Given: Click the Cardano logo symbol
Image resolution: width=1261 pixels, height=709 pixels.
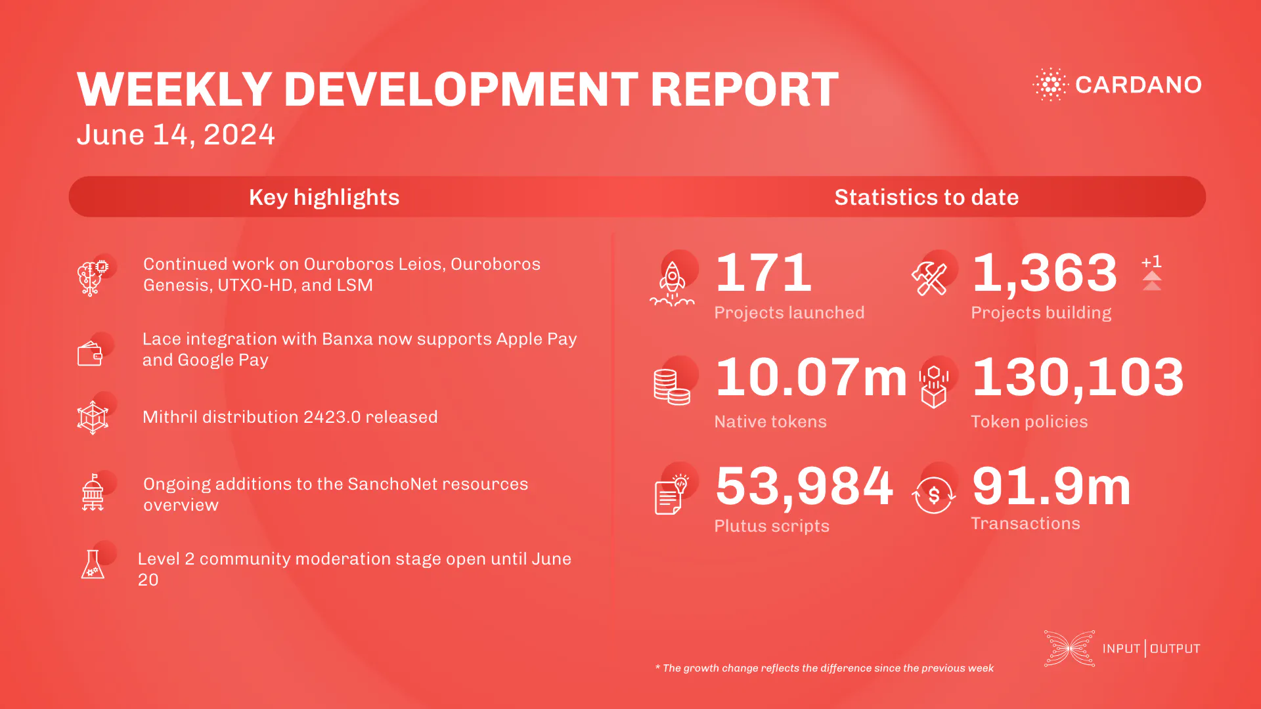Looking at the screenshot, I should (1050, 84).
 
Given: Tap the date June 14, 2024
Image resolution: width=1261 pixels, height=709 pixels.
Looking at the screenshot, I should (175, 135).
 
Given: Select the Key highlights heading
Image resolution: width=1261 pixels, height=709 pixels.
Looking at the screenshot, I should (324, 197).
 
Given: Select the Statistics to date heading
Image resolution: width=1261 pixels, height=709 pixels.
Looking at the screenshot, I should (926, 197).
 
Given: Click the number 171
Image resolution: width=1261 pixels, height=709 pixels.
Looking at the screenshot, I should (763, 272).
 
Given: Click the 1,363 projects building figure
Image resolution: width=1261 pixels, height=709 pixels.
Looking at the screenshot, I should (1044, 272).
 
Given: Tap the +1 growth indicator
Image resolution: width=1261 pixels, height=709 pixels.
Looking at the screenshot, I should (1151, 262).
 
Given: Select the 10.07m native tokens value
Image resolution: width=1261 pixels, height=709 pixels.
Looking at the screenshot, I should (810, 377).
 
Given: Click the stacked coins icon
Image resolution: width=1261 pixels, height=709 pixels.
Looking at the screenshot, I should (671, 387).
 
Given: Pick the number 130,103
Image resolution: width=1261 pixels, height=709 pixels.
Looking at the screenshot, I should (1078, 377).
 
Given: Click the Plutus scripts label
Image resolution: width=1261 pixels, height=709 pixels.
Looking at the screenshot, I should (771, 526).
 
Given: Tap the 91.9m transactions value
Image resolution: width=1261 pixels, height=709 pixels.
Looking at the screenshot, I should (1051, 486).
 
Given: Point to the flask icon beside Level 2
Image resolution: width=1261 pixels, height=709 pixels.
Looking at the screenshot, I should (92, 565).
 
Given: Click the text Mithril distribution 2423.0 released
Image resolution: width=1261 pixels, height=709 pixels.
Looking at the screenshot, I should (290, 417).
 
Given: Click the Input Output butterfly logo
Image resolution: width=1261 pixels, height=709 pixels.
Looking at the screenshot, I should (1069, 649).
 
